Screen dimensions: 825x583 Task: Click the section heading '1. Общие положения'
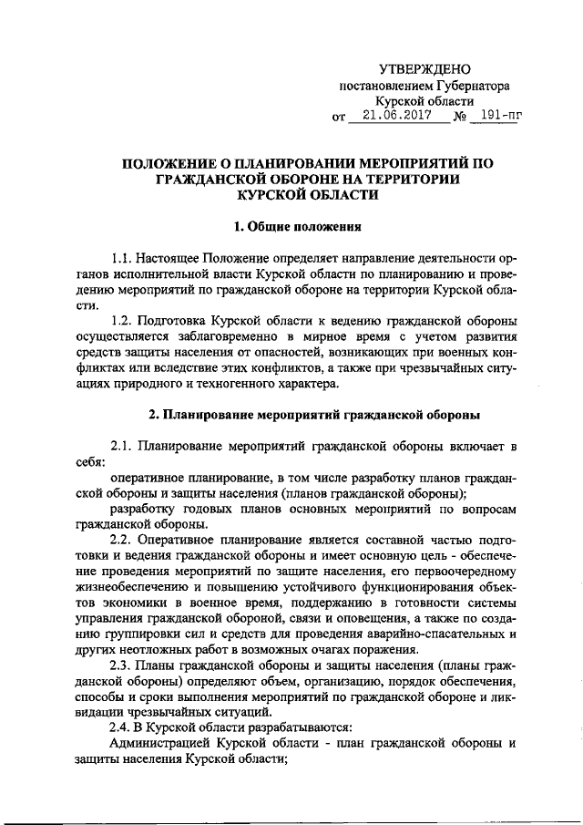point(291,225)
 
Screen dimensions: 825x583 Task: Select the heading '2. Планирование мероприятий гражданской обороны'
point(314,415)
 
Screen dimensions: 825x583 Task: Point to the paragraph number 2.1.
point(124,446)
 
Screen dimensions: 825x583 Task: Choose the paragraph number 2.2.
point(124,540)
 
